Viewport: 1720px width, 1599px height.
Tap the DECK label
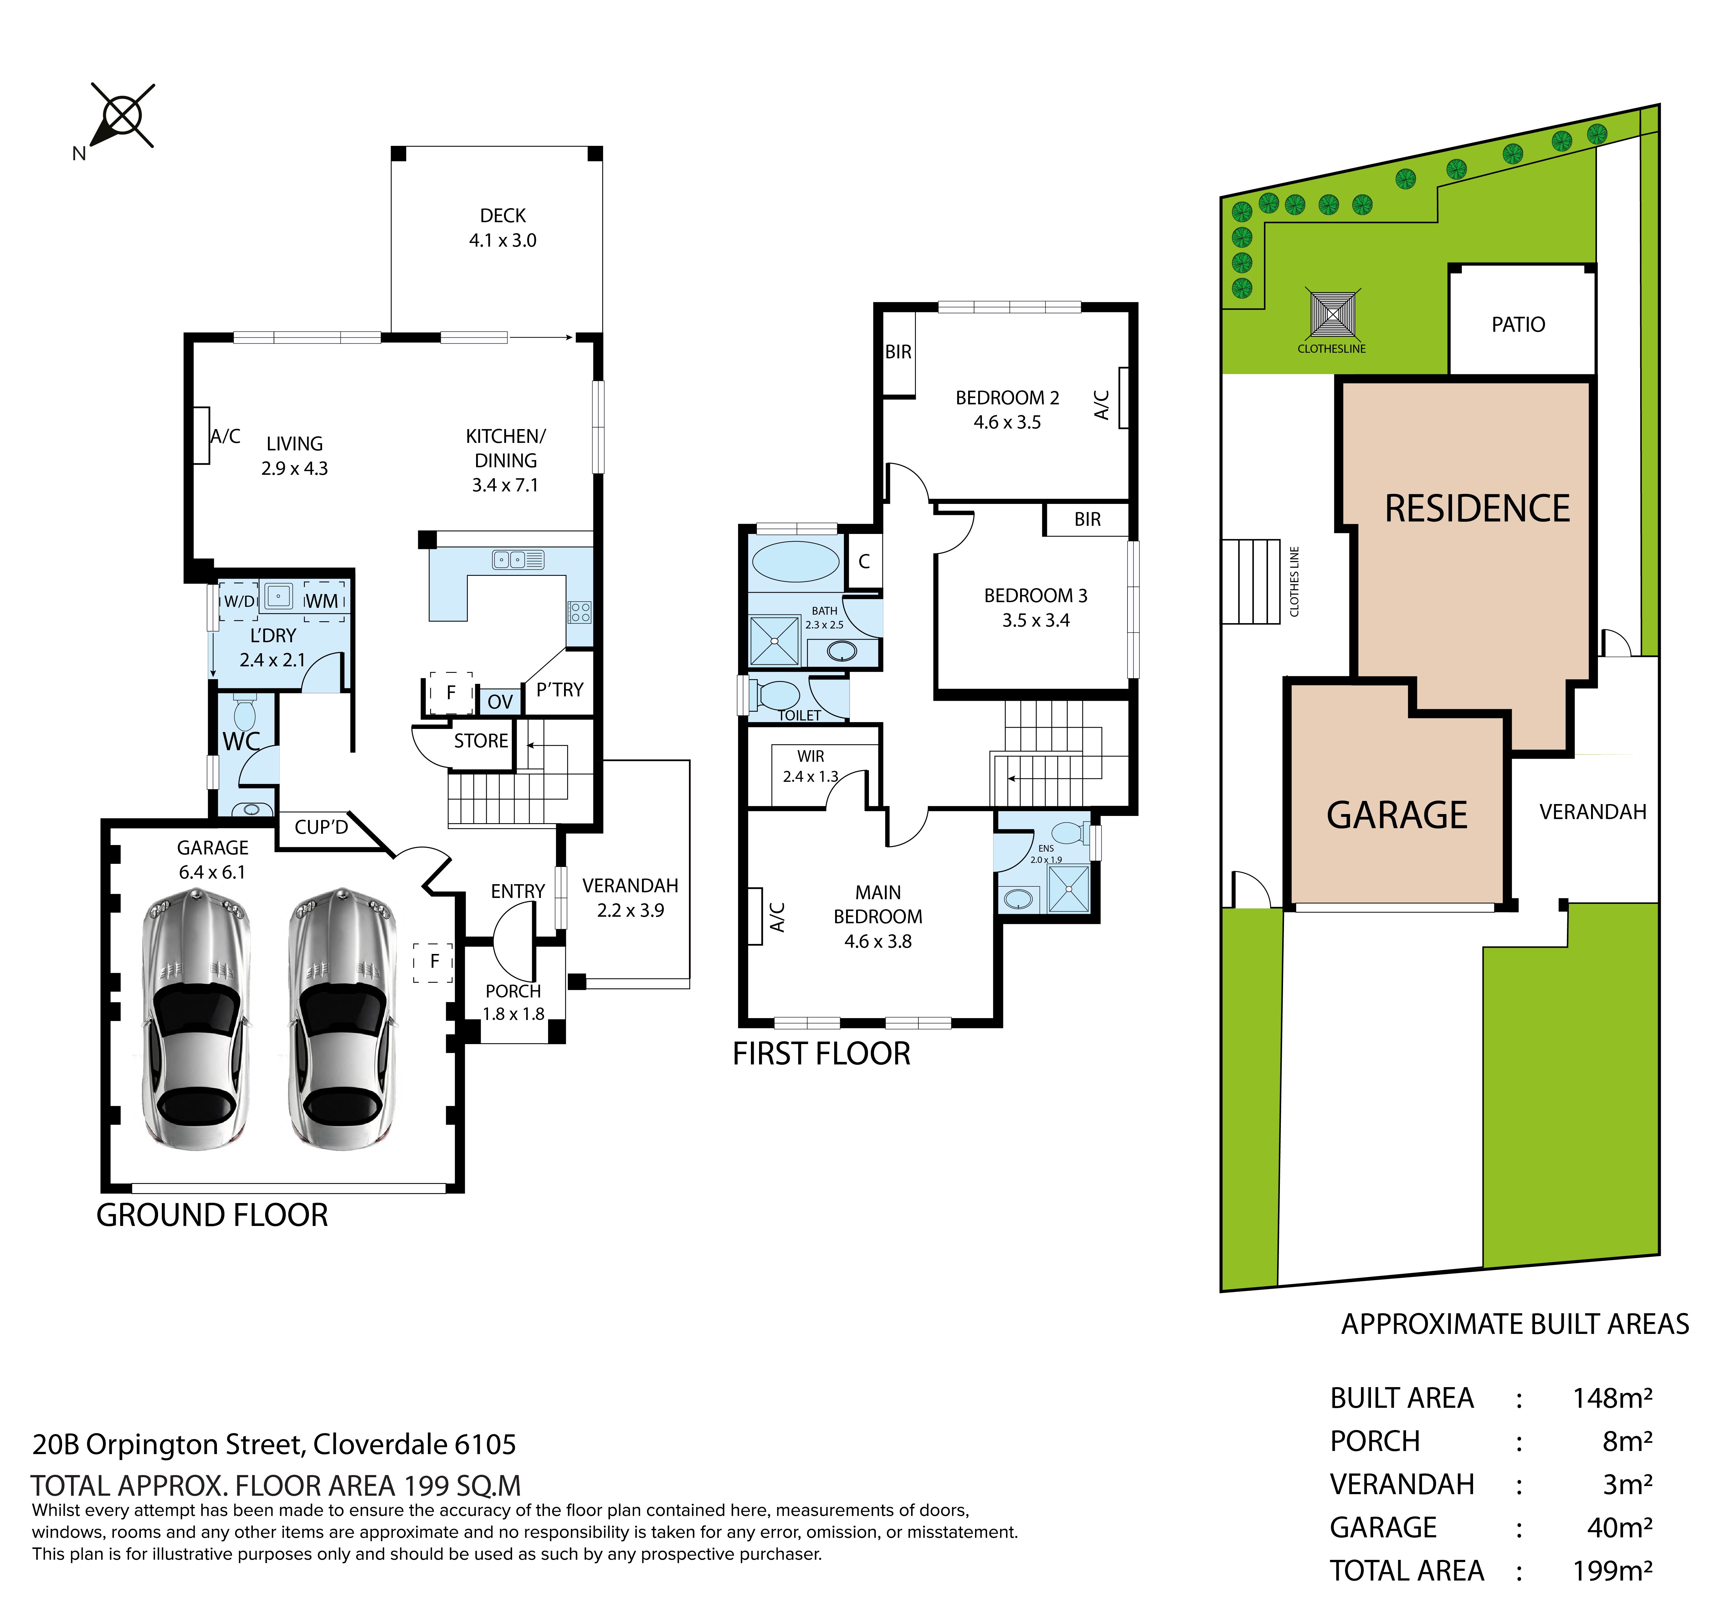pyautogui.click(x=503, y=215)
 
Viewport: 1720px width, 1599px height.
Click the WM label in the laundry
pyautogui.click(x=322, y=601)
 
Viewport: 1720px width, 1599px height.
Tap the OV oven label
pyautogui.click(x=500, y=702)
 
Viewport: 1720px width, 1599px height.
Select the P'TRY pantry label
pyautogui.click(x=560, y=689)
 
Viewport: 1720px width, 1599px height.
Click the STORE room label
pyautogui.click(x=481, y=741)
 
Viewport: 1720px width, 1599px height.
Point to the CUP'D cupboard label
pyautogui.click(x=321, y=827)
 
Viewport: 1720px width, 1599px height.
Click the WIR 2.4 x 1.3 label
pyautogui.click(x=811, y=766)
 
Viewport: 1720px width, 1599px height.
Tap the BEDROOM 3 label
pyautogui.click(x=1036, y=595)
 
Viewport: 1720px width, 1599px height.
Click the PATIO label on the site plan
pyautogui.click(x=1518, y=325)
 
